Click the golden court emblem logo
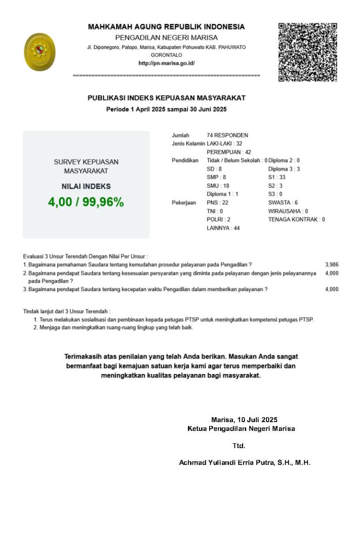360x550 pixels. [x=39, y=52]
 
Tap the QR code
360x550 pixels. [x=308, y=52]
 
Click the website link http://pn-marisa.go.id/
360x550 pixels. [x=166, y=63]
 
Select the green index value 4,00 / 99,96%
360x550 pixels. [x=86, y=202]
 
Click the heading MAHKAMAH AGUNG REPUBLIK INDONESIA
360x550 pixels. [x=166, y=27]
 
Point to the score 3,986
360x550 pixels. [x=332, y=264]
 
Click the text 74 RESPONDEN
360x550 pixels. [x=227, y=135]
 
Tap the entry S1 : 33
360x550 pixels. [x=277, y=177]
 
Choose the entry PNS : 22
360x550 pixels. [x=217, y=203]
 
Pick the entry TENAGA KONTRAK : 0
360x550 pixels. [x=297, y=220]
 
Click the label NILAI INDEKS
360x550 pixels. [x=86, y=187]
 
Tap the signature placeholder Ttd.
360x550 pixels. [x=239, y=445]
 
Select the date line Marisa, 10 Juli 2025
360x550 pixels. [x=244, y=419]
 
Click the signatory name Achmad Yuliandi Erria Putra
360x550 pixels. [x=244, y=463]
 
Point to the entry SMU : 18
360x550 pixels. [x=218, y=186]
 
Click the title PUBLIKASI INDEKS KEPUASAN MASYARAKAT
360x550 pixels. [x=166, y=98]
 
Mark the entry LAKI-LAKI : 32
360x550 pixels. [x=225, y=143]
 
